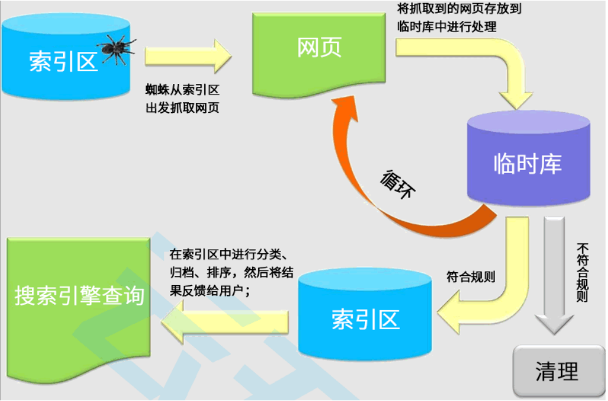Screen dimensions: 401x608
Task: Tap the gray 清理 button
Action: (x=556, y=371)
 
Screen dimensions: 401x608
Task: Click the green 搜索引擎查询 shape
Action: (x=79, y=297)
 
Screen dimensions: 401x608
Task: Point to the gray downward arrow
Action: (x=555, y=276)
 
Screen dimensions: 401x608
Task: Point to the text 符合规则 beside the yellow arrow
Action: (x=471, y=277)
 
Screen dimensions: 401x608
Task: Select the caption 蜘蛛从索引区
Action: (x=182, y=90)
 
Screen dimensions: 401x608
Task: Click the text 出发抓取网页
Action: (x=182, y=107)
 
